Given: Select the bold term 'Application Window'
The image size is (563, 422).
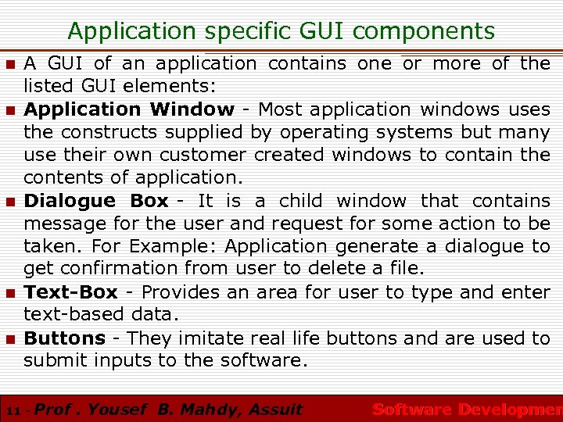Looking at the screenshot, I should point(129,109).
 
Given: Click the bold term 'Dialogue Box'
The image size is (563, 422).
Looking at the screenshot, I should point(96,201).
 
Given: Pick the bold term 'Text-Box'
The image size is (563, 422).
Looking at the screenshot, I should point(71,292).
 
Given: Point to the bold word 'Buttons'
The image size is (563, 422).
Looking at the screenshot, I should point(65,338).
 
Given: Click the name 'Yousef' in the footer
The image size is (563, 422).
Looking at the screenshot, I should point(117,409).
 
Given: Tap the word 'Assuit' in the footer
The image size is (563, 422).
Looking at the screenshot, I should point(274,409).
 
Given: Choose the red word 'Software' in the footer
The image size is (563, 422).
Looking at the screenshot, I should point(412,409).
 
